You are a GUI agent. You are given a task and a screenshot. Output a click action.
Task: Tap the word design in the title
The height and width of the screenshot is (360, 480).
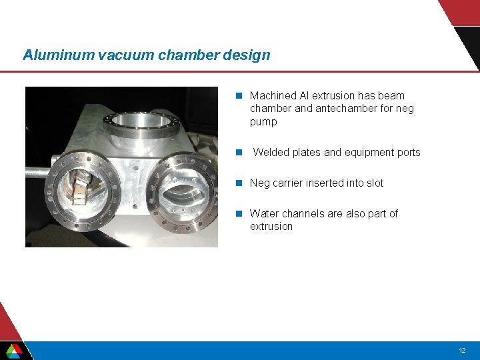click(x=247, y=55)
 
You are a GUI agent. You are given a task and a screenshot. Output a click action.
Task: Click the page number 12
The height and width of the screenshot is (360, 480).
click(x=462, y=350)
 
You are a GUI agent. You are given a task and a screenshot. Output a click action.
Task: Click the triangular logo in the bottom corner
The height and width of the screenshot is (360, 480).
click(x=14, y=350)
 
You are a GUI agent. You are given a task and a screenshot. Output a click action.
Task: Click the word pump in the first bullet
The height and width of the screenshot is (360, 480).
click(x=263, y=122)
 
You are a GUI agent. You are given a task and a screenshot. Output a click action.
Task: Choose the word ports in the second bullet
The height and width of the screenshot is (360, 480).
click(x=407, y=153)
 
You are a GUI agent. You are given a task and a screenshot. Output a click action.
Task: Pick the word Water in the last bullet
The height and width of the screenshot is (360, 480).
click(x=265, y=214)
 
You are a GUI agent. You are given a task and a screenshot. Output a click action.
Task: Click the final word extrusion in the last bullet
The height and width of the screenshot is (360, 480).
click(x=271, y=227)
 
